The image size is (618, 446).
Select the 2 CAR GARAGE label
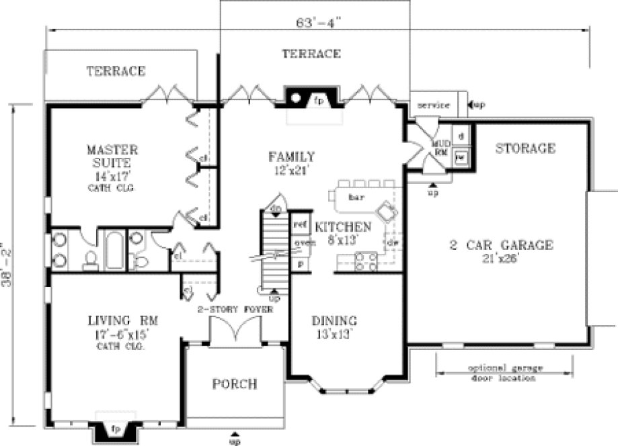click(x=501, y=245)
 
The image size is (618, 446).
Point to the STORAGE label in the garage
click(x=525, y=148)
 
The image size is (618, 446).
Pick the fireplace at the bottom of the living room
click(x=115, y=428)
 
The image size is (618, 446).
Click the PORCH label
click(x=235, y=384)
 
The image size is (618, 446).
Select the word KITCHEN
click(x=343, y=226)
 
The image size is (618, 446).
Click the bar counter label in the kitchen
click(x=356, y=197)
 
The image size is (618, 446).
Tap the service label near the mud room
click(x=433, y=105)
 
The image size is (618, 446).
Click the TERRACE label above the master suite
click(x=116, y=71)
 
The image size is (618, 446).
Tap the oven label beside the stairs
click(x=300, y=243)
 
